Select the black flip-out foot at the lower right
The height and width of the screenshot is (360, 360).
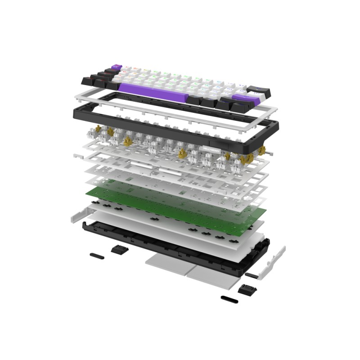245,290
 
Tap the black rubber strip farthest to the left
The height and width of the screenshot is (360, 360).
97,255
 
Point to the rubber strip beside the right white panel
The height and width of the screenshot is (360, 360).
252,274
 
